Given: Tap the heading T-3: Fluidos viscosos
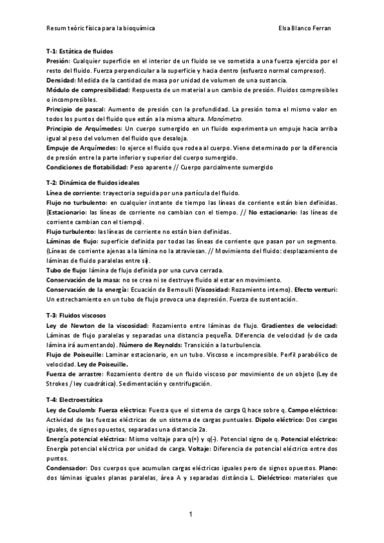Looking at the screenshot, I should pos(77,317).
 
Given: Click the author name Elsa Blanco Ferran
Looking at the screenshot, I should pos(304,29).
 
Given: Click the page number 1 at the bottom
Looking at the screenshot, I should pos(191,515).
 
